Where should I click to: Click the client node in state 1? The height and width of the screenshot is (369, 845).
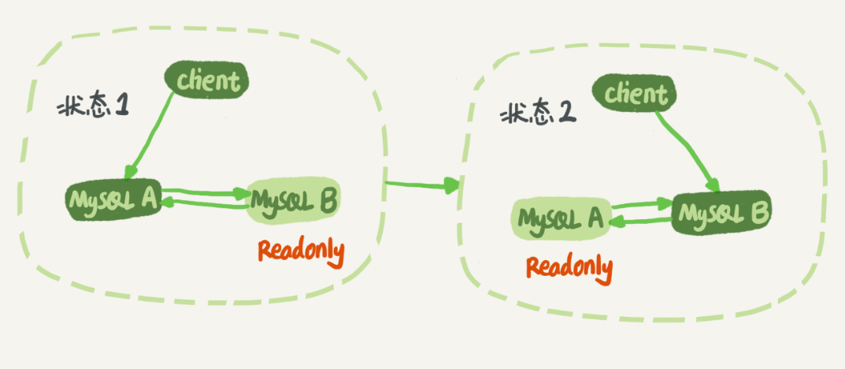click(x=206, y=80)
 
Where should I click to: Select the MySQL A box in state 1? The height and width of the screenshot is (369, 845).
click(x=113, y=197)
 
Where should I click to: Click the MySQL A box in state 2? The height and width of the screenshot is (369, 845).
click(x=560, y=217)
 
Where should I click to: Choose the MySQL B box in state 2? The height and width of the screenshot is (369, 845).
click(x=721, y=212)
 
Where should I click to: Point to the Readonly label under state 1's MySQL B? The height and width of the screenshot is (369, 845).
click(x=301, y=252)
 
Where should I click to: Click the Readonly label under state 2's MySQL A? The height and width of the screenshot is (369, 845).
click(x=569, y=267)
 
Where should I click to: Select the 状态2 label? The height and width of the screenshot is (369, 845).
click(x=538, y=114)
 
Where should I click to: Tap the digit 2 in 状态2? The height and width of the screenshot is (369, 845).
click(x=566, y=114)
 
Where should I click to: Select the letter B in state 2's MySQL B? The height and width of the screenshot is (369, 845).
click(x=758, y=211)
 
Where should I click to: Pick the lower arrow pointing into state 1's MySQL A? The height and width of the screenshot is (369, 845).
click(x=206, y=205)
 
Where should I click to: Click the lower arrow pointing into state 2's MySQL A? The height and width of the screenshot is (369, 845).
click(x=639, y=220)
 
